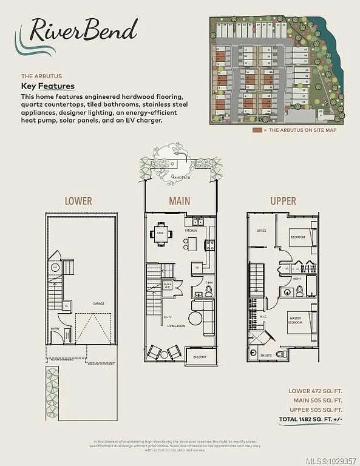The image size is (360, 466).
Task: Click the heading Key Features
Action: (x=48, y=86)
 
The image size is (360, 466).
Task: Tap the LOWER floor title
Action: (x=78, y=201)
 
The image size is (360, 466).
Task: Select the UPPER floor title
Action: (x=283, y=201)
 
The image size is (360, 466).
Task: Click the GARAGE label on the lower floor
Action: (x=98, y=303)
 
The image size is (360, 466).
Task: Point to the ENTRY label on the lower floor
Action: (x=55, y=329)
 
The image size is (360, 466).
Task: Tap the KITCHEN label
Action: (x=191, y=231)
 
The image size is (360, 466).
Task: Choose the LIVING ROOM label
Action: (x=175, y=326)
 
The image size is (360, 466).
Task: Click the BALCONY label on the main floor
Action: (x=200, y=357)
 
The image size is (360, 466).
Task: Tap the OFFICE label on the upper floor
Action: (x=262, y=231)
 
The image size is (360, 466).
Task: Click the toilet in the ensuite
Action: (x=280, y=353)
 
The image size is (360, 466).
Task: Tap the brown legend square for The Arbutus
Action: (x=257, y=130)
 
